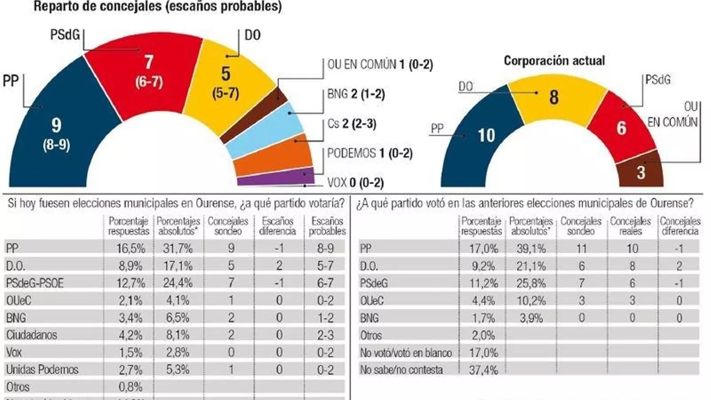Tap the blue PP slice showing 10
484,138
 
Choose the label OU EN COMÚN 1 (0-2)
380,64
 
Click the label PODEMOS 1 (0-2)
370,153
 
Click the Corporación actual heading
554,60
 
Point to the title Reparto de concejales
158,7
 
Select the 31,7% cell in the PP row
177,248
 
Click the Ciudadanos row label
32,335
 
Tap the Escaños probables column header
327,226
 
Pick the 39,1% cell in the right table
531,248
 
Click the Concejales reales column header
630,226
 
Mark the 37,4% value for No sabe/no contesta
483,370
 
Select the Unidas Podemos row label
42,369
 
